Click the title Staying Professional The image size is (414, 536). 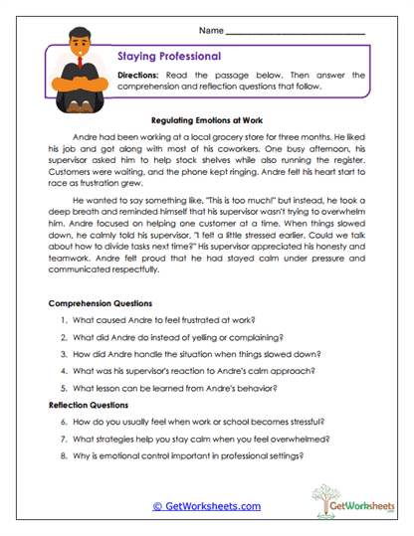pos(169,57)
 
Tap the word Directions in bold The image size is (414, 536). pos(142,75)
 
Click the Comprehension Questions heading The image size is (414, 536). pos(101,302)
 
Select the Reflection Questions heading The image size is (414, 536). pos(91,406)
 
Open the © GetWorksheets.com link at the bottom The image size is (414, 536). pos(207,506)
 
